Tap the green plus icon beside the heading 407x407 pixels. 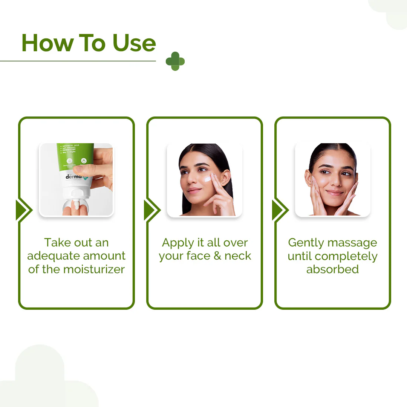pyautogui.click(x=175, y=61)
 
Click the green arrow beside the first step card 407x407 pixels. pyautogui.click(x=24, y=210)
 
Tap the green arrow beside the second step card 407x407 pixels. pyautogui.click(x=152, y=210)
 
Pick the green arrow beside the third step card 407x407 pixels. pyautogui.click(x=280, y=210)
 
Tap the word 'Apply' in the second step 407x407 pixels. pyautogui.click(x=177, y=243)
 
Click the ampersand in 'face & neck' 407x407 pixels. pyautogui.click(x=217, y=256)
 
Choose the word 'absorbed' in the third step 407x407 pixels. pyautogui.click(x=332, y=269)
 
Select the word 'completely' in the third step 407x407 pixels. pyautogui.click(x=346, y=256)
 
